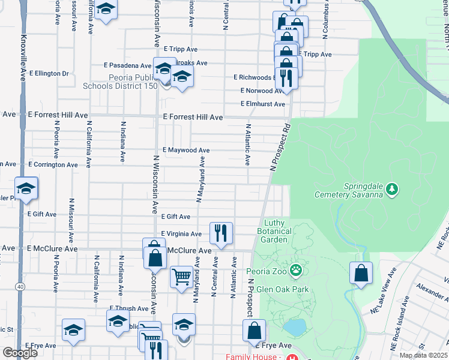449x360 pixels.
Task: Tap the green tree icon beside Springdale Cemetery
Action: click(x=392, y=190)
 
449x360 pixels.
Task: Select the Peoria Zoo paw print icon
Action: click(x=295, y=271)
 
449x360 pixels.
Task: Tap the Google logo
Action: click(x=20, y=353)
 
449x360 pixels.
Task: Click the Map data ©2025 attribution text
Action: click(x=423, y=355)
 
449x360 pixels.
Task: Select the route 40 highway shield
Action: click(x=20, y=287)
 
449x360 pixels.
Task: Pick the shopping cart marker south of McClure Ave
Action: click(x=181, y=277)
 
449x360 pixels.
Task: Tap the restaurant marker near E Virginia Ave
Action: click(x=221, y=232)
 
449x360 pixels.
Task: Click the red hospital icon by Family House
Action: click(x=292, y=358)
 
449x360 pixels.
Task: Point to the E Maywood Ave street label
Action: click(x=185, y=150)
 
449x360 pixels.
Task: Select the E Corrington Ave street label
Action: click(x=53, y=164)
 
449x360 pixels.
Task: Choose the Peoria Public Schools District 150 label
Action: click(x=124, y=82)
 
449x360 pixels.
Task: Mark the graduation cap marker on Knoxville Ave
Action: click(x=26, y=189)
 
